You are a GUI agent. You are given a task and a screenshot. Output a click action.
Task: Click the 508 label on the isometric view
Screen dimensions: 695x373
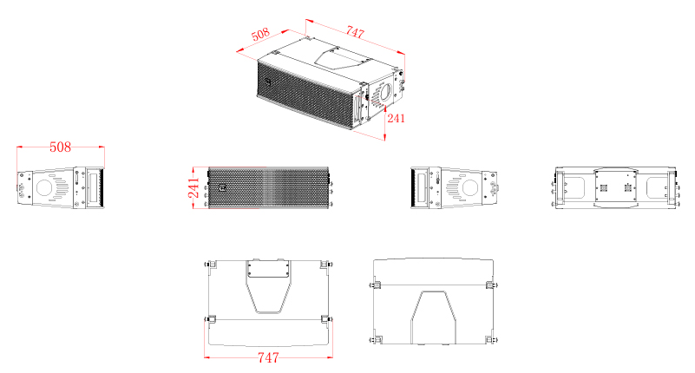tap(260, 34)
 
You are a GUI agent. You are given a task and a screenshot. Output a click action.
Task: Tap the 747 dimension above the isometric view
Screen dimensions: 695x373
tap(355, 32)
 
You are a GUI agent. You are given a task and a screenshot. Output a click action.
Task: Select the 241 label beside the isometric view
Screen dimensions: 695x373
tap(396, 118)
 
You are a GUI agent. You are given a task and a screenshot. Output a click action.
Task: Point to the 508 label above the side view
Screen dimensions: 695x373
tap(60, 147)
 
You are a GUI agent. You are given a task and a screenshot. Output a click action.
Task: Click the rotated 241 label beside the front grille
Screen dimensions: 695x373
tap(193, 188)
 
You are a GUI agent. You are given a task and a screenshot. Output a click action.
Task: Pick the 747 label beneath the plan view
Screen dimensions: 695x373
tap(268, 357)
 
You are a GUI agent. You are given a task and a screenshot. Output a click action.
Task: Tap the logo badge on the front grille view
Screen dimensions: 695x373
tap(222, 188)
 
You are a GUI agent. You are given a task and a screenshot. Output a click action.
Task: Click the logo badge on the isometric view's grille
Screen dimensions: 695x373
tap(268, 82)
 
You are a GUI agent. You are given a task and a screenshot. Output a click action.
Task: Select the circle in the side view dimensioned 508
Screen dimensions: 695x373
tap(44, 187)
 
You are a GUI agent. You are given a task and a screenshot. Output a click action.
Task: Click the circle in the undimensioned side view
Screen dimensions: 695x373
tap(469, 187)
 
